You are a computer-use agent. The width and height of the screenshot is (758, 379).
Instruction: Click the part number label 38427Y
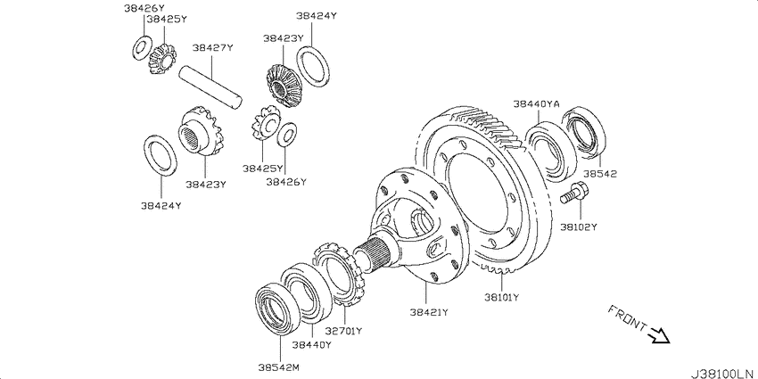pos(213,48)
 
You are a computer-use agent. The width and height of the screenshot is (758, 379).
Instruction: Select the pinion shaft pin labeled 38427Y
pos(210,87)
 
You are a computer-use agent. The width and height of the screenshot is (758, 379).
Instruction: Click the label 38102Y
pos(579,227)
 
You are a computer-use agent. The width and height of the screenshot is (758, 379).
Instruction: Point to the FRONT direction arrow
pos(659,334)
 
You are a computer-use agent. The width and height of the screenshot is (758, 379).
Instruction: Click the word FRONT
pos(627,317)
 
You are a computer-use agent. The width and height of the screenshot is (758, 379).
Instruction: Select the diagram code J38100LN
pos(724,373)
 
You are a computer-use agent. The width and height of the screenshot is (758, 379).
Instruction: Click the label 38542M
pos(279,368)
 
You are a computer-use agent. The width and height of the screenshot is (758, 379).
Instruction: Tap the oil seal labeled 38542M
pos(277,309)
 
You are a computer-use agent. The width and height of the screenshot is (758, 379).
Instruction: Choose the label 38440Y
pos(312,345)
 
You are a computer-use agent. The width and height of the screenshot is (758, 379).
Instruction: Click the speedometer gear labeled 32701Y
pos(340,275)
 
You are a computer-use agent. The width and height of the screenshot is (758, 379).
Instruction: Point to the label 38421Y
pos(428,312)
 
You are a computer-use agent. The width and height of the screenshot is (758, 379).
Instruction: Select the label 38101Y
pos(501,297)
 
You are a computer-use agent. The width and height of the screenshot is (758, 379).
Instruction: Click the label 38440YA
pos(536,103)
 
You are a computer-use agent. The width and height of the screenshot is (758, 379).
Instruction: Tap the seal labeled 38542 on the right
pos(584,130)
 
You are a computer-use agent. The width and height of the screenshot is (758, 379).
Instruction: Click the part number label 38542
pos(600,174)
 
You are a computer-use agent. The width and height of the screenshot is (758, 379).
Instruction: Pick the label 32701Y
pos(343,331)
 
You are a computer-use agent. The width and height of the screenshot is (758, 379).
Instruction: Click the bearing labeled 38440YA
pos(552,151)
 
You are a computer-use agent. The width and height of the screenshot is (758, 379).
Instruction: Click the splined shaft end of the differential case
pos(375,255)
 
